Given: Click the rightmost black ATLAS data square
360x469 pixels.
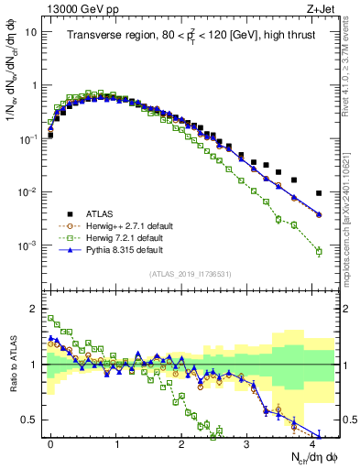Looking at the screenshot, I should [319, 193].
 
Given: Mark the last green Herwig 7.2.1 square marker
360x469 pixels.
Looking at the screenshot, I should [319, 251].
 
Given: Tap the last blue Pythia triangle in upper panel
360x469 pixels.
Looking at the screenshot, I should [319, 214].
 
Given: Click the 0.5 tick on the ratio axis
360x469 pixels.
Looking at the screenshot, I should [28, 420].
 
